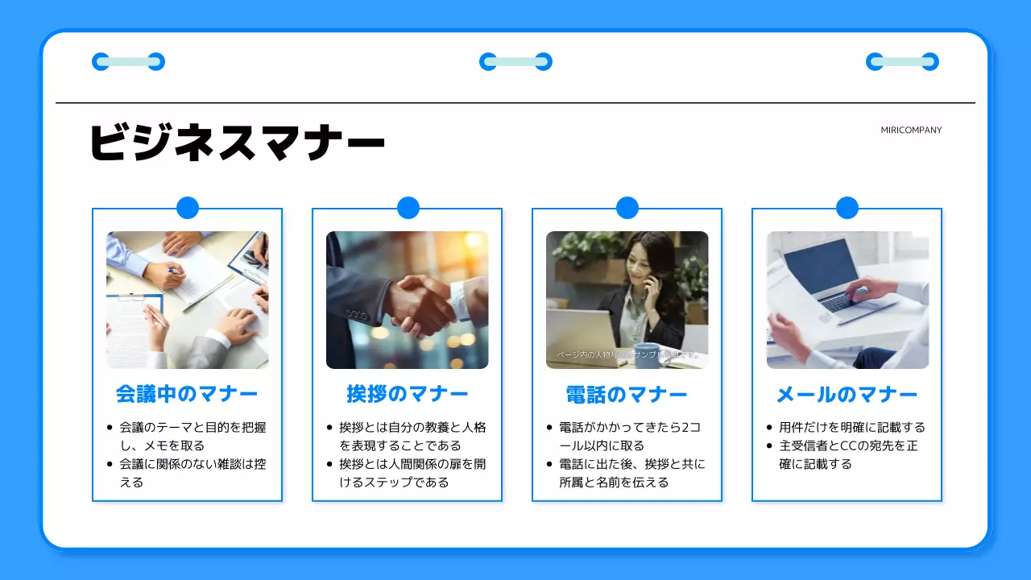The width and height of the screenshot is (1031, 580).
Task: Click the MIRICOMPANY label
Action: click(911, 130)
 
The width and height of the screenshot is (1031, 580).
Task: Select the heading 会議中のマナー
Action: click(187, 395)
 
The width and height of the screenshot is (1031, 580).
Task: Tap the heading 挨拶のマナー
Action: click(407, 395)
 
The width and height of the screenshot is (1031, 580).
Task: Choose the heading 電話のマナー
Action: click(627, 395)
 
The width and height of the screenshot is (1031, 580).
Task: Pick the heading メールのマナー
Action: click(847, 395)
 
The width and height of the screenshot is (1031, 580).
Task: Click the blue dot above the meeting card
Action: click(187, 208)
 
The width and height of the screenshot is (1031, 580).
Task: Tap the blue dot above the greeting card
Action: click(408, 208)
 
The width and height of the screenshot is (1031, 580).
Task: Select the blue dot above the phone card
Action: click(627, 208)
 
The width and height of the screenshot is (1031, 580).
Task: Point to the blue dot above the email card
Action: click(847, 208)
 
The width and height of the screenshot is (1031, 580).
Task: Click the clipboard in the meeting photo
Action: click(133, 326)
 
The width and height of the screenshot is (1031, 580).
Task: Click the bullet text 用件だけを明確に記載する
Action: click(852, 428)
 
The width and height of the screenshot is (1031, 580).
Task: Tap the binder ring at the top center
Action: click(515, 61)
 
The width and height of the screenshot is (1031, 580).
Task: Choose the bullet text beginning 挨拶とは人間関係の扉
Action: click(412, 473)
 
